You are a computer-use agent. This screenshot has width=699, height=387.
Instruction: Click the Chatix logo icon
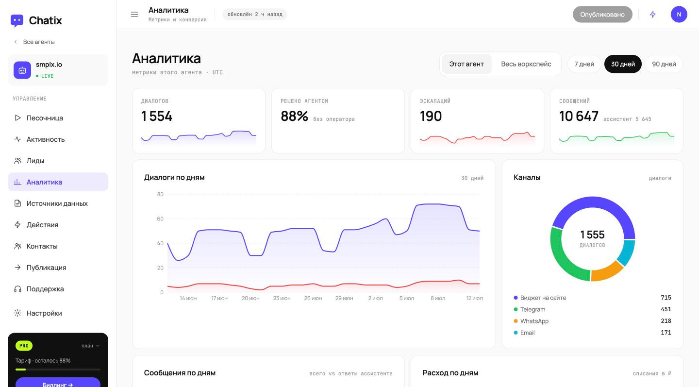(17, 20)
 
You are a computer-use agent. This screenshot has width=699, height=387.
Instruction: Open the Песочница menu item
(39, 118)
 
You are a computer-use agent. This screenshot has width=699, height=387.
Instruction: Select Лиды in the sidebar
(29, 161)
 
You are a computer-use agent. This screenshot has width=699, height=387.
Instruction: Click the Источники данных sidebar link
(51, 203)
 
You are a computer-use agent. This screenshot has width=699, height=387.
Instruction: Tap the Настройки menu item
(38, 313)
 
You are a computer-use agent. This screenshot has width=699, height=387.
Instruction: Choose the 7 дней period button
(584, 64)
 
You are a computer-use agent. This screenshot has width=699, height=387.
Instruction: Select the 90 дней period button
(664, 64)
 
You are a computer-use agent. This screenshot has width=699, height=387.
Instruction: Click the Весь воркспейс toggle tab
(526, 64)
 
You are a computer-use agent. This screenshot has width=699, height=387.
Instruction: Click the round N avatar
(679, 15)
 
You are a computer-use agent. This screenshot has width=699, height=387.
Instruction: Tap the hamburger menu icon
(134, 15)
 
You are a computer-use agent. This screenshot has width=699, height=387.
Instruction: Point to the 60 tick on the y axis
(160, 219)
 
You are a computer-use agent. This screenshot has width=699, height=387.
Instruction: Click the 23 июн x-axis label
(282, 298)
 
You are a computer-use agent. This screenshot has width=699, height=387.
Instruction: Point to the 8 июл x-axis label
(438, 298)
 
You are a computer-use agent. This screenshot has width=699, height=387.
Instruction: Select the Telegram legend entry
(530, 309)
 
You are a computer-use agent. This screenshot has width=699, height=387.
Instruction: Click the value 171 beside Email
(666, 333)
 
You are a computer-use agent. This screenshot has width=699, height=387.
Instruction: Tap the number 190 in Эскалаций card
(431, 116)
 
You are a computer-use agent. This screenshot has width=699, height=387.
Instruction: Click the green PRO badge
(24, 346)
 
